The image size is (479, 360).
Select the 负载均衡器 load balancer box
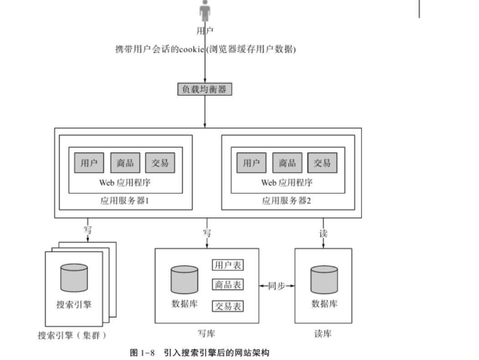[x=204, y=89]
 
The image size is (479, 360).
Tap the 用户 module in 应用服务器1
[x=89, y=163]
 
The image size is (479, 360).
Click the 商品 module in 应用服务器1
[x=125, y=163]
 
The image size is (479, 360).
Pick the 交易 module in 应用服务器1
[x=160, y=163]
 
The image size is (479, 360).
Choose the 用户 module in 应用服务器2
[x=251, y=163]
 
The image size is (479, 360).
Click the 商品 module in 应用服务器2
[x=287, y=163]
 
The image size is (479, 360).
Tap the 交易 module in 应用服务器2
[x=322, y=163]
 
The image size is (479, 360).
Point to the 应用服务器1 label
[x=125, y=201]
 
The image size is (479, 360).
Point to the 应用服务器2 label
[x=287, y=201]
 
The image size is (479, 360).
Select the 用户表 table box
[x=228, y=265]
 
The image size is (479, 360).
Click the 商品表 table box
[x=228, y=285]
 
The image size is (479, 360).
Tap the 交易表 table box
[x=228, y=306]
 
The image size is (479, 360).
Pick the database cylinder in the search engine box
[x=74, y=278]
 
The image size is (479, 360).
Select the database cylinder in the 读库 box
[x=324, y=280]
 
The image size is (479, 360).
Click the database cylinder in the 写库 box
[x=184, y=280]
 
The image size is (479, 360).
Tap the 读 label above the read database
[x=323, y=233]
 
